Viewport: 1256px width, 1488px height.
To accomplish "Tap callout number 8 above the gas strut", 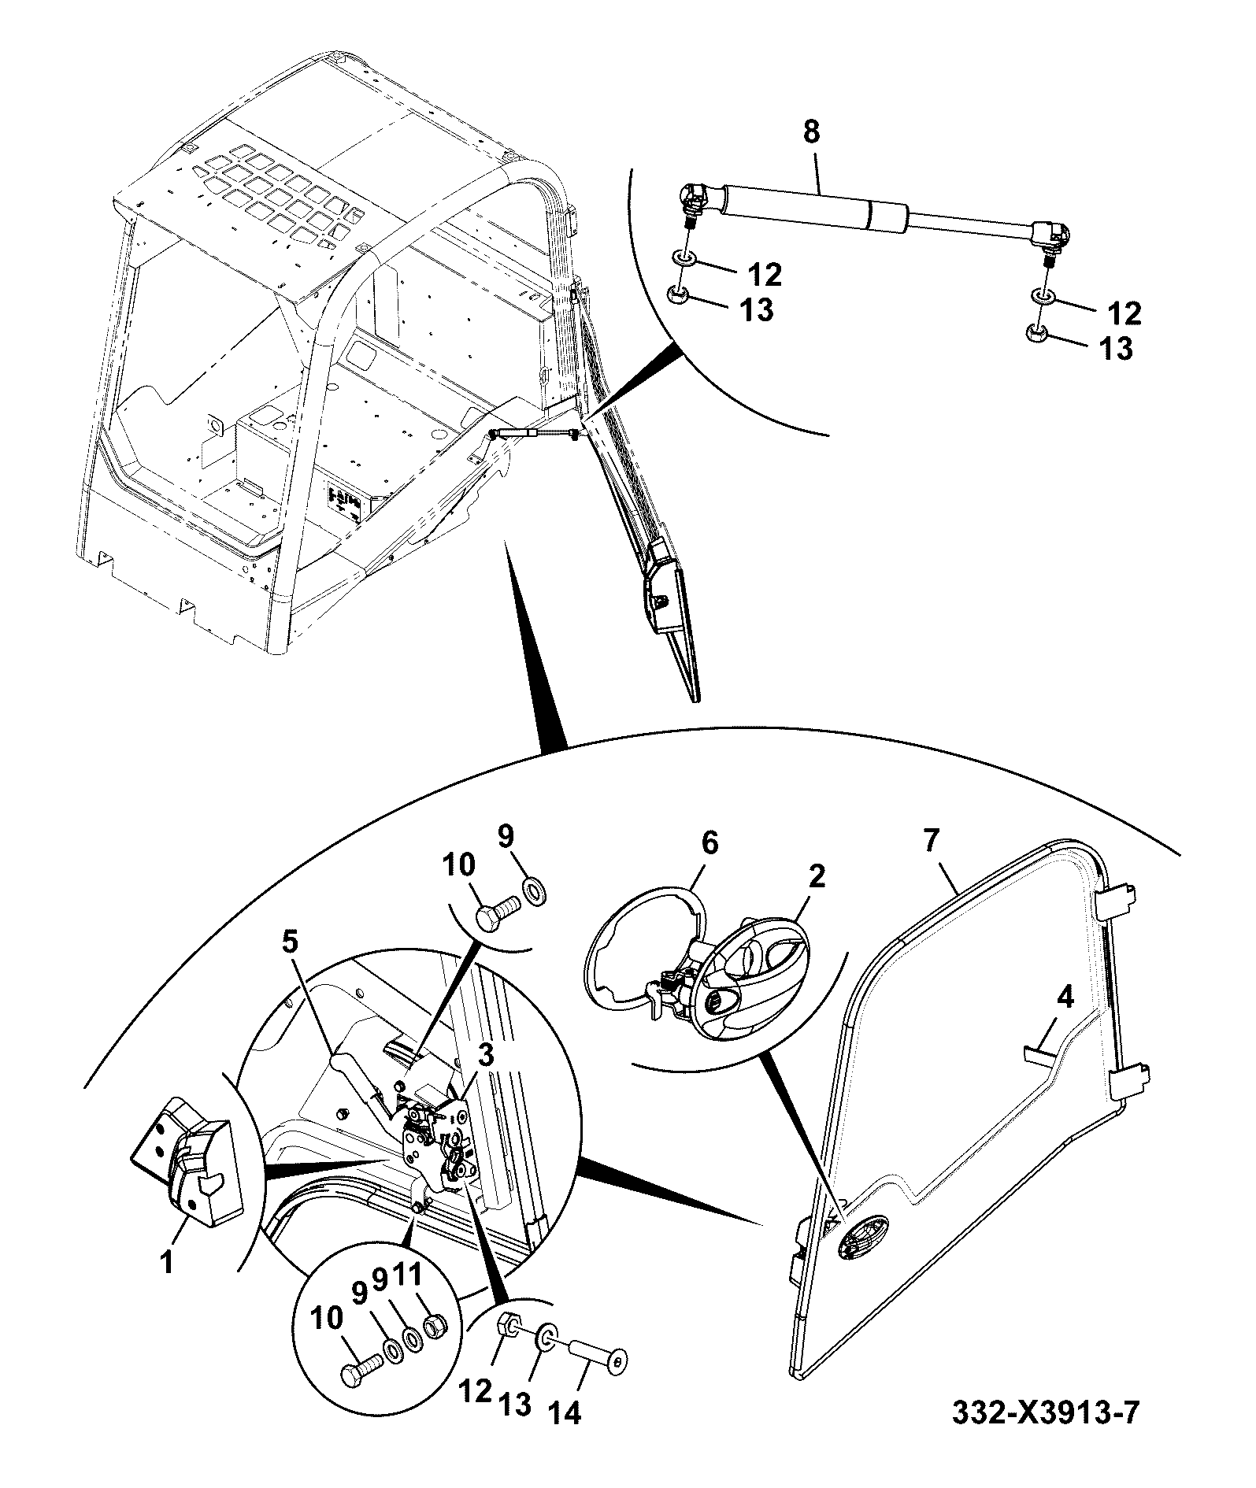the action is pos(811,132).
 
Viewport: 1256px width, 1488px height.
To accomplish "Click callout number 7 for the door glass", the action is pos(930,842).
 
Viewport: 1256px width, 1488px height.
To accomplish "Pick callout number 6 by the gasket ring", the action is pos(710,843).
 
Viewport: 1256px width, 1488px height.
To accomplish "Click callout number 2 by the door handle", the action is pos(817,876).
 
